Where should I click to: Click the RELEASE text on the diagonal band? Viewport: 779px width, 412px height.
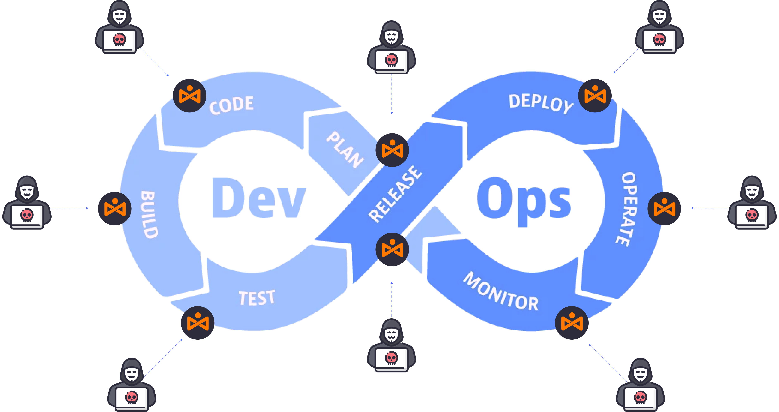[395, 194]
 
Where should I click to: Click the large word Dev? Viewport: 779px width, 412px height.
[259, 198]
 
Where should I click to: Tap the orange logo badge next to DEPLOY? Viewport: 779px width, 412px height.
[595, 96]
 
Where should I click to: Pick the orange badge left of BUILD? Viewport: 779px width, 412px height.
[115, 208]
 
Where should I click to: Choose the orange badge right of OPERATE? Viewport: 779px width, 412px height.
[664, 208]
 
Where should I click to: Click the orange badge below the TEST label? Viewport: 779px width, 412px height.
[197, 323]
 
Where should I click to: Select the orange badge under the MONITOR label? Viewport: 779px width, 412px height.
[572, 323]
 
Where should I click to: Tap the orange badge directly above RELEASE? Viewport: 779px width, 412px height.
[392, 150]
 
